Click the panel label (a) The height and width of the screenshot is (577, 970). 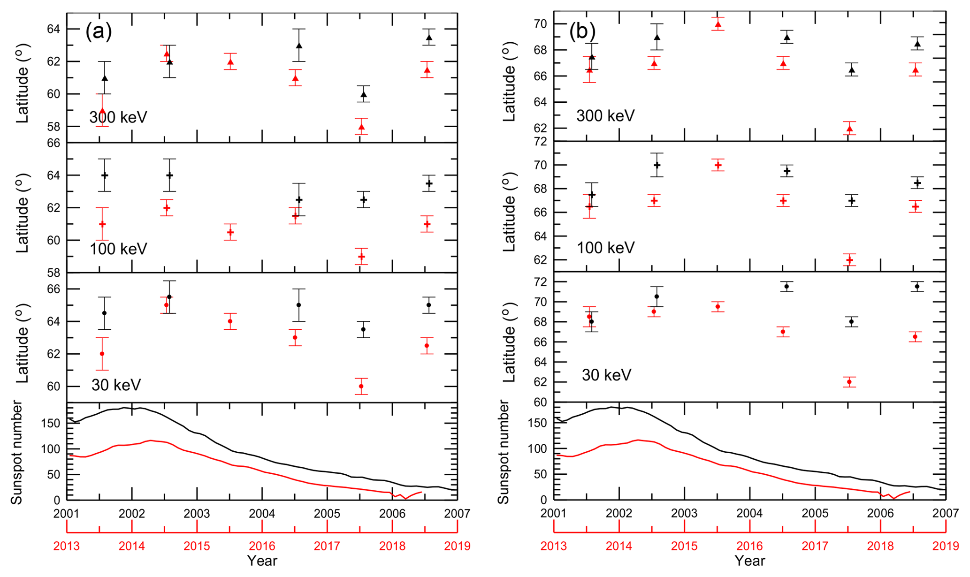[99, 31]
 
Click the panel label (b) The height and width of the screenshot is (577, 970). [582, 31]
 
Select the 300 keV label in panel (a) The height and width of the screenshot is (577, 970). [118, 117]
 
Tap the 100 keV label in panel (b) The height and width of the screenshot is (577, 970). [605, 248]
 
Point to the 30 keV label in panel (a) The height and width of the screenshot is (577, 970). [116, 385]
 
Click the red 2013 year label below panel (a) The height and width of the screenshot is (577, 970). [67, 546]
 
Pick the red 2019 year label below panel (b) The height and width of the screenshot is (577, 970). [945, 546]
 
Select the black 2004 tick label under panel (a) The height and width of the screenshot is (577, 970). [262, 514]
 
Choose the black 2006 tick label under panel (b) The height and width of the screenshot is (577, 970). [880, 514]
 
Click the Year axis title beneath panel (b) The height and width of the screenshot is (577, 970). [749, 561]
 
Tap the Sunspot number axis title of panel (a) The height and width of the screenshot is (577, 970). [17, 452]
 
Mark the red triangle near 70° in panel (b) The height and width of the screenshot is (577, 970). [718, 24]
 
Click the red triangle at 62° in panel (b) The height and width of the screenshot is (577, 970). [849, 129]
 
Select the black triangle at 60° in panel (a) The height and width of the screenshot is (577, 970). [364, 94]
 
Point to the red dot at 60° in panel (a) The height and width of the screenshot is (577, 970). [361, 386]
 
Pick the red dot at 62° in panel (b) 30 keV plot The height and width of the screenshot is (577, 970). [849, 382]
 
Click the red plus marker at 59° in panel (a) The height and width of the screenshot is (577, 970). [361, 257]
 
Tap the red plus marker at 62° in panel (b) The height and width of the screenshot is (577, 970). [849, 260]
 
